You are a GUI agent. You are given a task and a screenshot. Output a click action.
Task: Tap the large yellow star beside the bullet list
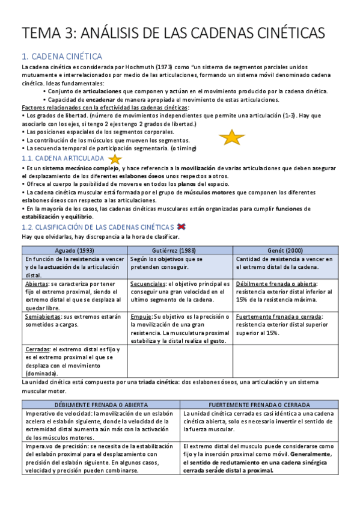pos(231,138)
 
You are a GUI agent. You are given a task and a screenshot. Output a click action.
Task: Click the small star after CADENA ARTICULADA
pos(115,159)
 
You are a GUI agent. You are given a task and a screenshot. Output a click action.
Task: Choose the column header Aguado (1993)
pos(75,250)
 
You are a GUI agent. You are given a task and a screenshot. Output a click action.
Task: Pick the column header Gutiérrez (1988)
pos(180,250)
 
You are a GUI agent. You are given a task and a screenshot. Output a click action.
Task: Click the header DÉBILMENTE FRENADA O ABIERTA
pos(101,405)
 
